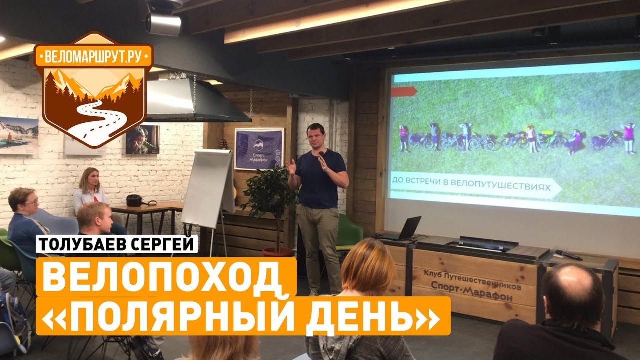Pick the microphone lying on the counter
pos(568,254)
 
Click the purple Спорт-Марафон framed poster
pos(259,149)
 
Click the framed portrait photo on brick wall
pos(142,139)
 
